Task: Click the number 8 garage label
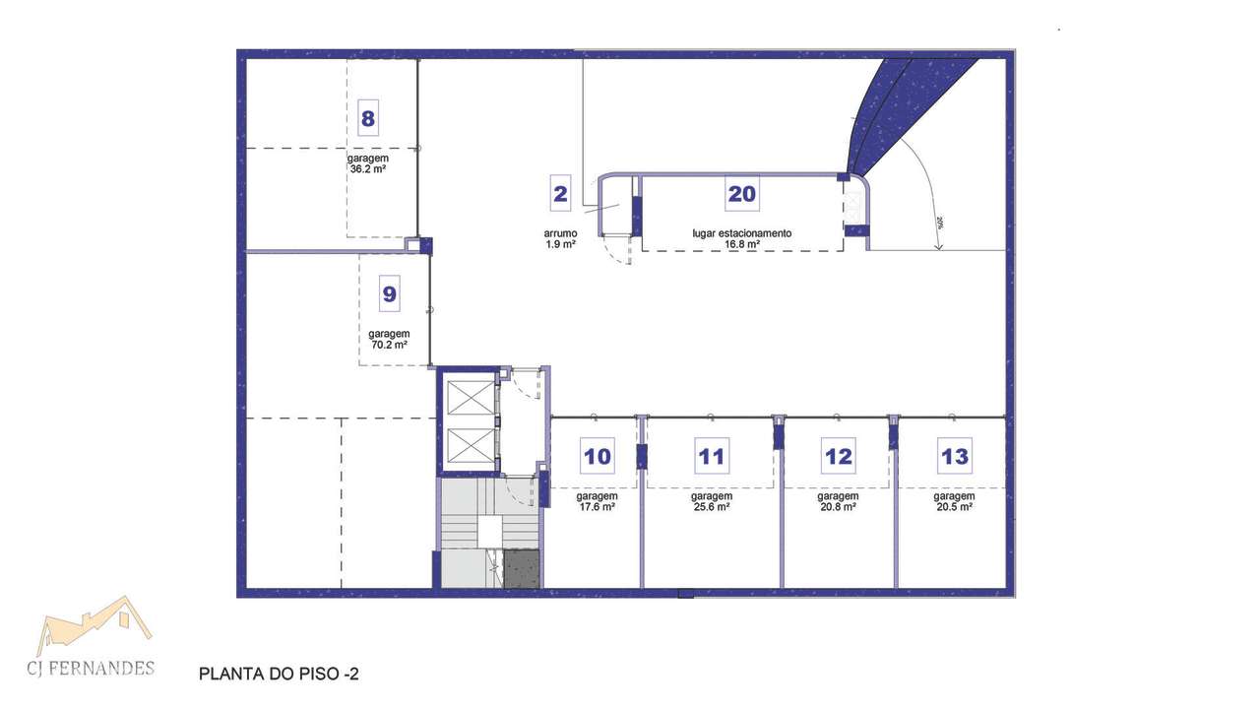367,119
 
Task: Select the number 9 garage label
390,293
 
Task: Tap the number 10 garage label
598,457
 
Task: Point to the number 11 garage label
711,457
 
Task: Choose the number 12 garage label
838,457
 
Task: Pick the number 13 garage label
954,457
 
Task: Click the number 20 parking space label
741,194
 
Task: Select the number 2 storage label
560,194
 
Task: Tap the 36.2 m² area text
367,169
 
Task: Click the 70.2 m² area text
390,345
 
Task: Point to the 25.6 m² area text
711,507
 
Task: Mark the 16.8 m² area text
741,244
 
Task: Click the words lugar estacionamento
741,233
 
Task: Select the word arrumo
560,233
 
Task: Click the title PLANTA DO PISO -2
279,675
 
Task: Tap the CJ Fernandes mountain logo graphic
94,622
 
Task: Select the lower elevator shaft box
469,446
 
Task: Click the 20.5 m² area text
954,507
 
